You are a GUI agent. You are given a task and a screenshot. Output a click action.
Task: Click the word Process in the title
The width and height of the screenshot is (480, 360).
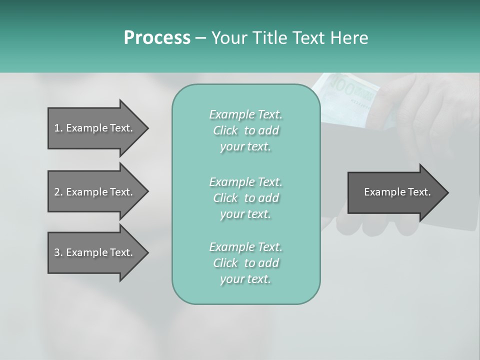point(157,37)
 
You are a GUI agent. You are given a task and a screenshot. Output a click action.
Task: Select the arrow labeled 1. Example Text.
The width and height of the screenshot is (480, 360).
point(93,128)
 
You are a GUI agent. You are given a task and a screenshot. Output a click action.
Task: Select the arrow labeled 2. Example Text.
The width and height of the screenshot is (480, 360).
point(93,192)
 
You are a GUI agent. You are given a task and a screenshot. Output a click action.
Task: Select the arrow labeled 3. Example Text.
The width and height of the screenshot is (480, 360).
point(93,252)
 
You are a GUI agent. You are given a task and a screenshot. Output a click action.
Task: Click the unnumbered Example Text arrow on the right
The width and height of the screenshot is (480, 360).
point(397,192)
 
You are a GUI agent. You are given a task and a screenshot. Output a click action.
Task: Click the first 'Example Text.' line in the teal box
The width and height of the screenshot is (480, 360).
point(246,114)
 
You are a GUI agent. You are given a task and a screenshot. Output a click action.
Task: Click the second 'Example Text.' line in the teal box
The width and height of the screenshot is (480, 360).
point(246,181)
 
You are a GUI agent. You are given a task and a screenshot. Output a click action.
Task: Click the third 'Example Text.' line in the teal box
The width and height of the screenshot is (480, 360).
point(246,247)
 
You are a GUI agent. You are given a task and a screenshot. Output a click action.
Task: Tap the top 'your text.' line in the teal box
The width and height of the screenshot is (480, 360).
point(245,147)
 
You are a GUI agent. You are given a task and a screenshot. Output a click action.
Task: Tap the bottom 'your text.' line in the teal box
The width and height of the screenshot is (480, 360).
point(245,279)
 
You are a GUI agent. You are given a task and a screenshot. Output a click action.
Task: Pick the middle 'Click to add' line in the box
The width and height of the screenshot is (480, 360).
point(246,198)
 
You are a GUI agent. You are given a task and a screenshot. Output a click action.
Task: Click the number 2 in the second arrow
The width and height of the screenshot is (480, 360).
point(57,192)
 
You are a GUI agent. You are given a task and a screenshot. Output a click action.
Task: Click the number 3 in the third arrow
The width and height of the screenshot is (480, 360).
point(57,252)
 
